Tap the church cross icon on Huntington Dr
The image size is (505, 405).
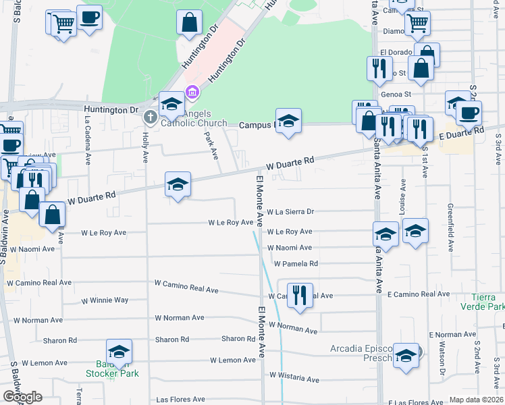150,117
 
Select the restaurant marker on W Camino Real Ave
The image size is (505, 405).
300,295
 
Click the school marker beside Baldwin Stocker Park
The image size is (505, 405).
119,352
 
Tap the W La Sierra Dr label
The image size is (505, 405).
291,211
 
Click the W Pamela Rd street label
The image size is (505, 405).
296,264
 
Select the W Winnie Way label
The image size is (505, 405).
105,300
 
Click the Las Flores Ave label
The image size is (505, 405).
180,400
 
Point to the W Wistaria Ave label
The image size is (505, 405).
294,377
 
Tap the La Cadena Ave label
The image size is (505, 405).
88,140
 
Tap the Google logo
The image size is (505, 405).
22,397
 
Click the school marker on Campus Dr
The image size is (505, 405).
288,122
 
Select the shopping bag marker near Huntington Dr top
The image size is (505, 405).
190,22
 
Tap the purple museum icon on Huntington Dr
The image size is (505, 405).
192,92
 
